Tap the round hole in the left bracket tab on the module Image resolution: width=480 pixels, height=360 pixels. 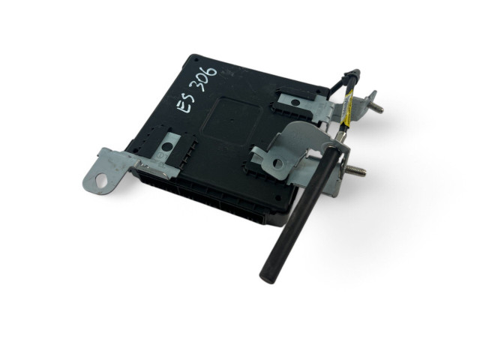[166, 147]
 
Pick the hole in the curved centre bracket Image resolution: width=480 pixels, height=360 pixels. [278, 163]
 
